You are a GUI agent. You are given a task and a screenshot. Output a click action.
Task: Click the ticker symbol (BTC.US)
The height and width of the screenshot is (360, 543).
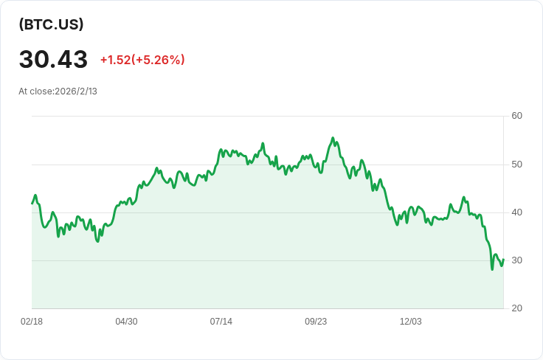point(51,24)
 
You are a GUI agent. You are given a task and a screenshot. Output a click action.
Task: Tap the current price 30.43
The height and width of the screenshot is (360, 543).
point(53,59)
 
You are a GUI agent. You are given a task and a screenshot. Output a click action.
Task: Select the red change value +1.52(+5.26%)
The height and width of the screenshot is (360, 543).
point(142,60)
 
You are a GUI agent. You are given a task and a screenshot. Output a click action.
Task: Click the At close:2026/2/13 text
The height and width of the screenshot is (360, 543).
point(58,91)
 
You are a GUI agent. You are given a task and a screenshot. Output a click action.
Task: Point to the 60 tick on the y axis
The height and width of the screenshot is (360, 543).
point(516,116)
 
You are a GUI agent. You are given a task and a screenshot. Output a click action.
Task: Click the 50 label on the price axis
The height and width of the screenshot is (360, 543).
point(516,165)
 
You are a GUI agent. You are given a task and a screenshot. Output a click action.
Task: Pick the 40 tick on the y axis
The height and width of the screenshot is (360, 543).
point(516,212)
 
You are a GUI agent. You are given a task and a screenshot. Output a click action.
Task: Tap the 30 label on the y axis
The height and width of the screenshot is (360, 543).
point(516,260)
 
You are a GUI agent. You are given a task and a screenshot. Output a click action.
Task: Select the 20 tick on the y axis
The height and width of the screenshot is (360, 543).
point(516,308)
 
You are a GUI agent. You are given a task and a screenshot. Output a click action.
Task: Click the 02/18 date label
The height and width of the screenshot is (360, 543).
point(32,322)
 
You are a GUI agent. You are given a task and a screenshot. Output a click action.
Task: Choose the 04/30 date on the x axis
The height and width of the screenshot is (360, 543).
point(126,322)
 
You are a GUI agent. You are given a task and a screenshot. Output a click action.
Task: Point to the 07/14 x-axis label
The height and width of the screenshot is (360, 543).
point(221,322)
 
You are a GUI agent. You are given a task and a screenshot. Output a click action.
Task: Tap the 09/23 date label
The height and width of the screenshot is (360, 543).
point(316,322)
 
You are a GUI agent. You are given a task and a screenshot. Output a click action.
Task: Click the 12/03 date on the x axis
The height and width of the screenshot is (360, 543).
point(411,322)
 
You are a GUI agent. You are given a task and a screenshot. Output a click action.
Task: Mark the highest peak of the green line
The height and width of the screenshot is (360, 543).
point(333,138)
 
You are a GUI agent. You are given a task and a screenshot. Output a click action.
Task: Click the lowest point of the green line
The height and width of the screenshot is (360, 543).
point(492,269)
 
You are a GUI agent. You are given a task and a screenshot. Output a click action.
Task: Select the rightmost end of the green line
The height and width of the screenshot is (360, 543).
point(503,259)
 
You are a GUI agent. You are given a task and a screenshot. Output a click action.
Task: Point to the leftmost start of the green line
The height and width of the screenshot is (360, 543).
point(32,204)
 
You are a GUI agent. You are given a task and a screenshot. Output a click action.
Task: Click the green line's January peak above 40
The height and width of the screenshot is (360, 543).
point(464,197)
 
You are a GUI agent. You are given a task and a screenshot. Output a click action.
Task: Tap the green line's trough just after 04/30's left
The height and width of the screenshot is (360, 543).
point(97,241)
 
